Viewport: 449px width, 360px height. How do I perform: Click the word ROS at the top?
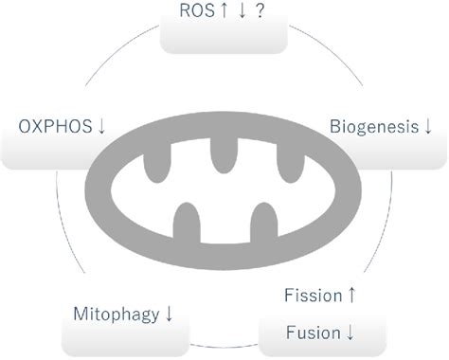pos(196,12)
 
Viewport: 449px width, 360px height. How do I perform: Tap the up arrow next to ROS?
pos(224,12)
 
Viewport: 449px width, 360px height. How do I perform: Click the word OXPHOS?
pos(55,125)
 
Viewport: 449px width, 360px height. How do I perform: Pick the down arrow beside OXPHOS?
pos(102,126)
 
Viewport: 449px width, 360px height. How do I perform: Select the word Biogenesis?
pos(373,125)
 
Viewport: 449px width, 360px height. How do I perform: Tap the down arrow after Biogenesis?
pos(428,126)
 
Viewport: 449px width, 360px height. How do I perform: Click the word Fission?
pos(313,296)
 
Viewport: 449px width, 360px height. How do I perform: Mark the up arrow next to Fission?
pos(352,296)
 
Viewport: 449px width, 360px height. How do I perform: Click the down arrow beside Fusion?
pos(351,332)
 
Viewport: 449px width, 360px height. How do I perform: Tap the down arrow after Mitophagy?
pos(169,313)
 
